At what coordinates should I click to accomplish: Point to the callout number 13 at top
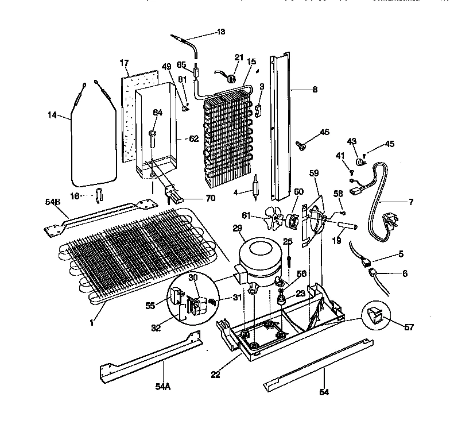pos(220,32)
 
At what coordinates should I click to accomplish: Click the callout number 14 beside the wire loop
pos(53,115)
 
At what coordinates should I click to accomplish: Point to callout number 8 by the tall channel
pos(314,90)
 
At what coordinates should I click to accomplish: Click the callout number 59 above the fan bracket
pos(313,172)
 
